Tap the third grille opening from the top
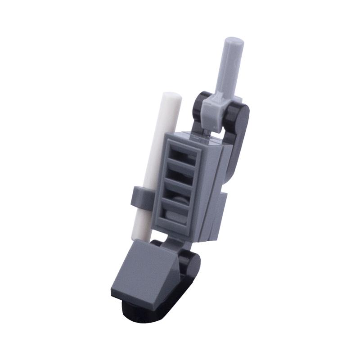pos(179,195)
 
